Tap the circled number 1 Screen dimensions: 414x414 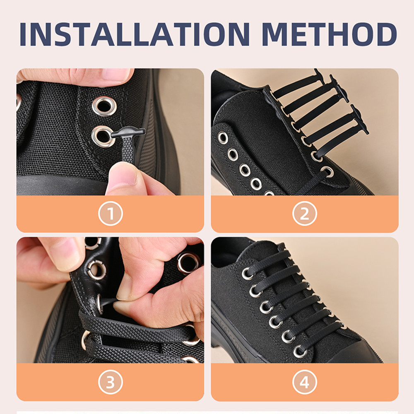tap(110, 214)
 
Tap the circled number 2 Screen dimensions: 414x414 tap(305, 214)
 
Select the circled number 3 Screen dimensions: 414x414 tap(110, 383)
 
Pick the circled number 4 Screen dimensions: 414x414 tap(305, 383)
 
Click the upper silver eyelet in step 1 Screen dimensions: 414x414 tap(104, 106)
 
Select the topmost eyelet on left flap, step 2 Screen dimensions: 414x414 tap(223, 137)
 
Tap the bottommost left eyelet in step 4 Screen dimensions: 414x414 tap(299, 351)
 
